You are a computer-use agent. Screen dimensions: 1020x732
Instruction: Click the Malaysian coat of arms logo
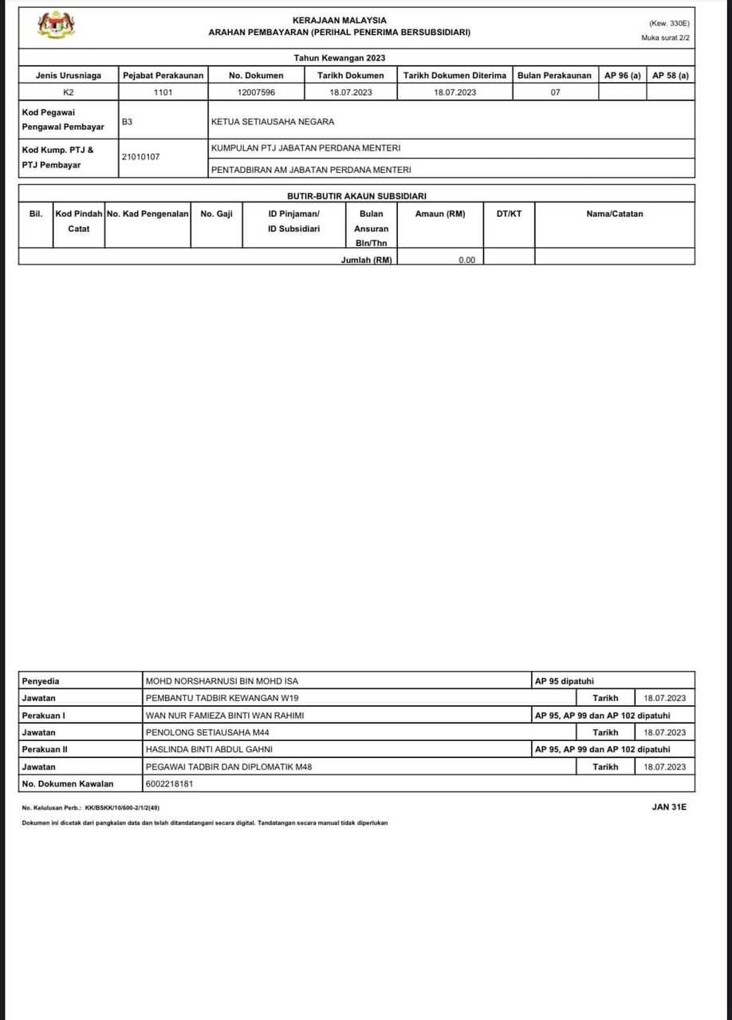[x=57, y=25]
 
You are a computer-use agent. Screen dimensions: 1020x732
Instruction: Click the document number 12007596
[x=256, y=92]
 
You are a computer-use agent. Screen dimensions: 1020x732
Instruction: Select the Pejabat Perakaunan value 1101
[x=163, y=92]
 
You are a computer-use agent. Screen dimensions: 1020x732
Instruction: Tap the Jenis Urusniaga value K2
[x=69, y=92]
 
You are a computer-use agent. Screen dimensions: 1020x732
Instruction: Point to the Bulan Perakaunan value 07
[x=555, y=92]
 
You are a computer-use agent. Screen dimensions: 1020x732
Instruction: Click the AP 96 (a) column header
[x=622, y=75]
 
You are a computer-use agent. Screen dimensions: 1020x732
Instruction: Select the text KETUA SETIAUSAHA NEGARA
[x=273, y=122]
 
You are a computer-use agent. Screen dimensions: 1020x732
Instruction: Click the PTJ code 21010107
[x=140, y=157]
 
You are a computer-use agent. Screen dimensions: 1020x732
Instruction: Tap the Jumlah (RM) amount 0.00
[x=466, y=260]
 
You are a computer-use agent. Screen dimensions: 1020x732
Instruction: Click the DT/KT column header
[x=509, y=214]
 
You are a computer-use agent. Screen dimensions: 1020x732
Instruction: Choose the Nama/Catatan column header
[x=614, y=214]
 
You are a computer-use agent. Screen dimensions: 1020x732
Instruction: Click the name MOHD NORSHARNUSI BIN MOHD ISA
[x=222, y=681]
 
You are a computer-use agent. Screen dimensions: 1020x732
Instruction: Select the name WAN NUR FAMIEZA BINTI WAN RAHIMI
[x=225, y=716]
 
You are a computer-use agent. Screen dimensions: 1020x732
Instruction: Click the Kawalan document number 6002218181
[x=169, y=783]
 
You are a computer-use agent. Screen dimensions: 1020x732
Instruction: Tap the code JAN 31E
[x=669, y=807]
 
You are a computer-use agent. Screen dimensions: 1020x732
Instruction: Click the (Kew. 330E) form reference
[x=669, y=24]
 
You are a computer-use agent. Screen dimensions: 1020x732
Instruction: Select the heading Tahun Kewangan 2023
[x=340, y=58]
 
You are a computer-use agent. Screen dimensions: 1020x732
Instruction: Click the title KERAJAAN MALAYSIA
[x=340, y=20]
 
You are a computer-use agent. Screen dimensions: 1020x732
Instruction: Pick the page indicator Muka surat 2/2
[x=665, y=38]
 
